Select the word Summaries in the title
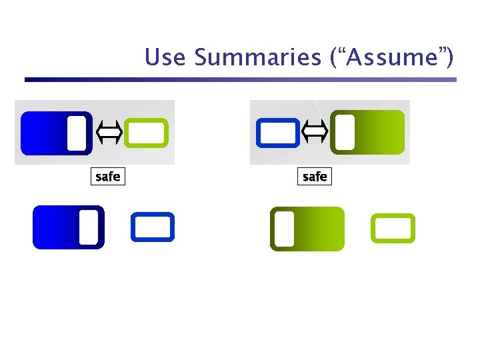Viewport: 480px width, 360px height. (257, 58)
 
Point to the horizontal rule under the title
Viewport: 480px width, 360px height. (240, 80)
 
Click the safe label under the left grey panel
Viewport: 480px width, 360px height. (108, 177)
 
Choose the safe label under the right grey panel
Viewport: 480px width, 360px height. (315, 177)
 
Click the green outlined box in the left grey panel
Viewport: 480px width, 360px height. (146, 132)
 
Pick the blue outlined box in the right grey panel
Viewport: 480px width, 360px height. (277, 132)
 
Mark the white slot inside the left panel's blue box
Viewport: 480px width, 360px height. (77, 132)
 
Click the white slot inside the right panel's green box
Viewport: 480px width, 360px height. (345, 132)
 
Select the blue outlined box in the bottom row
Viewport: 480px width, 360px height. (152, 226)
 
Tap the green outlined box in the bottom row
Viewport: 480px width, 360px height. (393, 228)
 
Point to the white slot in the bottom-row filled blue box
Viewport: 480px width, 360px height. (88, 227)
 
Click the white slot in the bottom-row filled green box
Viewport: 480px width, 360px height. (285, 229)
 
